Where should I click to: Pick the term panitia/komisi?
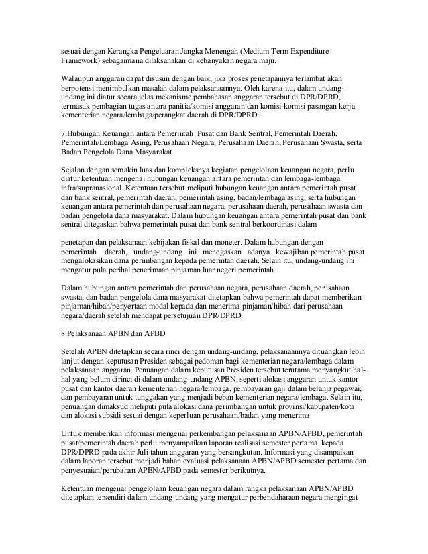[x=211, y=107]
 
